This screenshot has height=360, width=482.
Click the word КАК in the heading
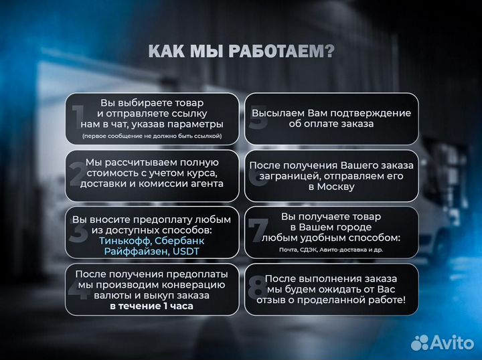[166, 52]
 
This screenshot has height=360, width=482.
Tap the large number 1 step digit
[79, 118]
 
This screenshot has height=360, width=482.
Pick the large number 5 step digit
[256, 118]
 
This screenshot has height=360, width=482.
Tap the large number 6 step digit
[256, 176]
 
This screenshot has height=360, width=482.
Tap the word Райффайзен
[133, 252]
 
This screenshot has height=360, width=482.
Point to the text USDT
[185, 252]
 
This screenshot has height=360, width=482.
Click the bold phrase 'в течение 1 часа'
[151, 306]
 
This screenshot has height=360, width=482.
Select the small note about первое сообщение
[151, 136]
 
